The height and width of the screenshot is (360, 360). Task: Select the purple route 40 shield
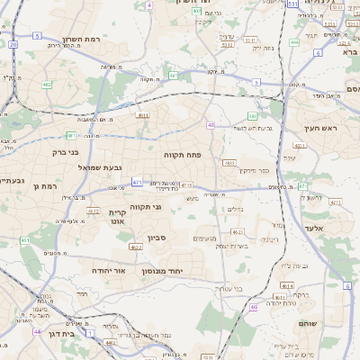pyautogui.click(x=211, y=125)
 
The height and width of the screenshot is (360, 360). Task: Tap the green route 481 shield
pyautogui.click(x=70, y=135)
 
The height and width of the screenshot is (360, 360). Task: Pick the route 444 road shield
pyautogui.click(x=296, y=41)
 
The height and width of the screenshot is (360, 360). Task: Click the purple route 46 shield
pyautogui.click(x=254, y=307)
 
